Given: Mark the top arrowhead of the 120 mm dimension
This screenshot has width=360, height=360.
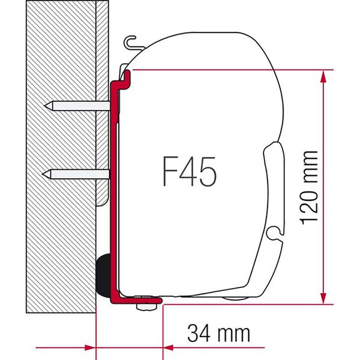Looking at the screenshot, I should click(x=323, y=75).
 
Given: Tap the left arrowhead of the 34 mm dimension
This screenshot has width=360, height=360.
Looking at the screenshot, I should click(x=90, y=347).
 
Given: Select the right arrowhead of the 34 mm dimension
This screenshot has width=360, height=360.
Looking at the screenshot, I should click(x=169, y=347).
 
